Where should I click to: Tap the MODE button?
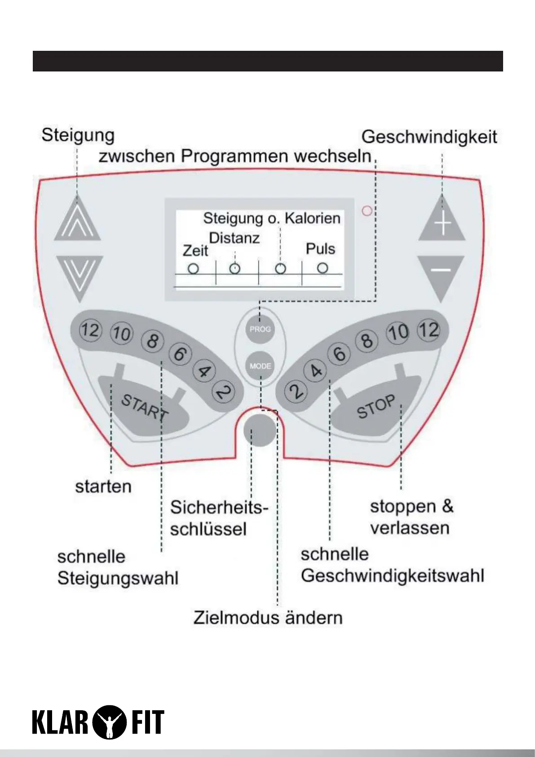coord(261,366)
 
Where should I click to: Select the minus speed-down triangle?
coord(441,275)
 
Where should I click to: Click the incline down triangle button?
coord(80,275)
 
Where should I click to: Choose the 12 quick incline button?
coord(90,331)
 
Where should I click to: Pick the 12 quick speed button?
coord(429,330)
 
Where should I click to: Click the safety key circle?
coord(260,430)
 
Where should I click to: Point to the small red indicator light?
coord(367,210)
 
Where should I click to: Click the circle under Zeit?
coord(193,269)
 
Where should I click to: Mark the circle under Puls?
coord(323,268)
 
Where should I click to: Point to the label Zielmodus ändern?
coord(268,618)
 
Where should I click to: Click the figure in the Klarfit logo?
coord(108,722)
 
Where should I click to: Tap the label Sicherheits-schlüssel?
coord(219,518)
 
